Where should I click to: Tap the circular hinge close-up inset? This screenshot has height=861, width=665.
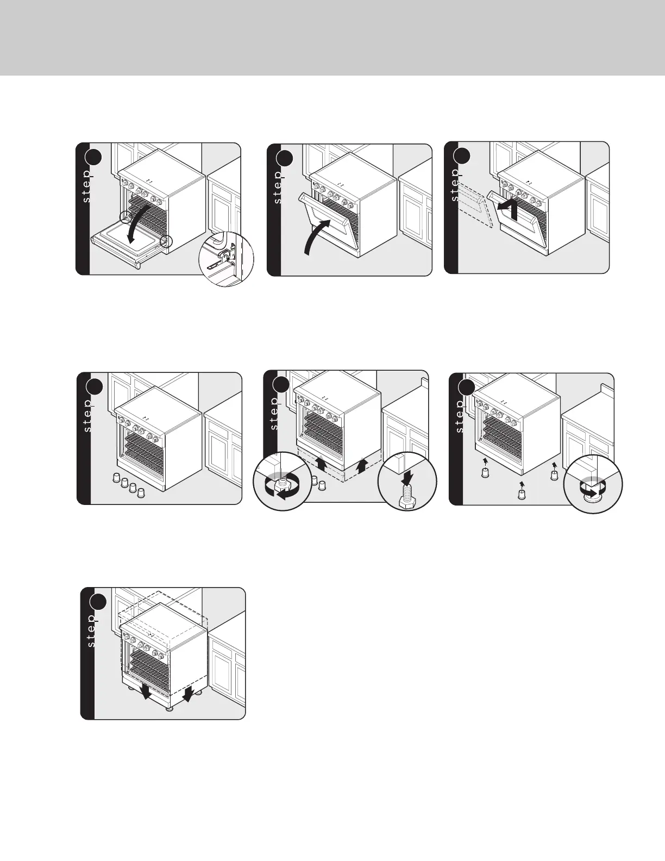click(226, 259)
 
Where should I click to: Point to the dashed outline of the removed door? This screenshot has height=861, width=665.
click(474, 204)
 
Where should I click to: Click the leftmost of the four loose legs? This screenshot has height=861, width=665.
click(116, 477)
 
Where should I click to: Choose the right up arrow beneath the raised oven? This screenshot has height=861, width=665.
click(360, 466)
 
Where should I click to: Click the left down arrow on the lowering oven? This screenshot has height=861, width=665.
click(146, 691)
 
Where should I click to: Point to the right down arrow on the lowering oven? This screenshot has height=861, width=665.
click(188, 694)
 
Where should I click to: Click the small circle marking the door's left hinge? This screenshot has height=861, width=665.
click(125, 217)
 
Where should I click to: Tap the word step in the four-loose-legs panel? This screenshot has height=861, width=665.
click(87, 415)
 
